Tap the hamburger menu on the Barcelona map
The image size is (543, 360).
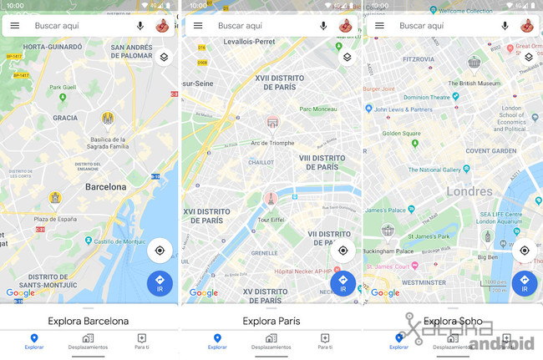tap(15, 26)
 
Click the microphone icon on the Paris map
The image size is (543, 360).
tap(323, 26)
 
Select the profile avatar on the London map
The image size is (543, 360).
tap(527, 26)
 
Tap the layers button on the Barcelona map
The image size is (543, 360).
tap(165, 58)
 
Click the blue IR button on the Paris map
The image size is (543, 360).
tap(343, 283)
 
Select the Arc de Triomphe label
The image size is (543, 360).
tap(271, 143)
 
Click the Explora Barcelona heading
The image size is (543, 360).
tap(89, 321)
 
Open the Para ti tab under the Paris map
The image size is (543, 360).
tap(324, 342)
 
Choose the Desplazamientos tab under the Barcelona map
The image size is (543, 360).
tap(88, 342)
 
